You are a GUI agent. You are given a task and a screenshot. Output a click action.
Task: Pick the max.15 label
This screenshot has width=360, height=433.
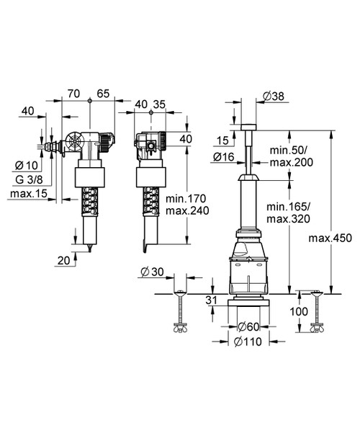click(x=27, y=193)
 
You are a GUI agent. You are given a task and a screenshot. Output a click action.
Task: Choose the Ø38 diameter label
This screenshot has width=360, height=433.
click(x=272, y=95)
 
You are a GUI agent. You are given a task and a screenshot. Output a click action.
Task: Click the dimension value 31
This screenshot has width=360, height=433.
click(x=211, y=300)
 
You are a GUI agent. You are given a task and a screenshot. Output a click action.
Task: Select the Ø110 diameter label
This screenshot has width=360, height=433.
click(x=248, y=344)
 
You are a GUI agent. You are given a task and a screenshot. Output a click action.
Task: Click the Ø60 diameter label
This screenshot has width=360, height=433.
click(x=248, y=326)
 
